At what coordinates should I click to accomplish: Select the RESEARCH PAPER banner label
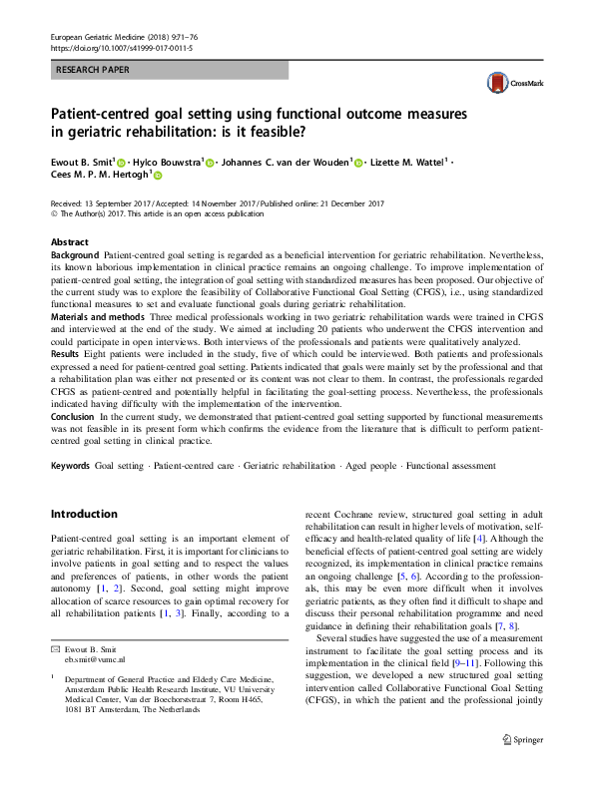tap(93, 71)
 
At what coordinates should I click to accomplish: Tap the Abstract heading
tap(70, 242)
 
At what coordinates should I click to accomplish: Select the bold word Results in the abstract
tap(66, 353)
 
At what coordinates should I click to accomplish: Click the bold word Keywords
tap(71, 466)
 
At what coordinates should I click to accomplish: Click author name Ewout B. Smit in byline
tap(82, 162)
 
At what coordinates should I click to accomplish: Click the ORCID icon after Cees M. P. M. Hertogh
tap(157, 176)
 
